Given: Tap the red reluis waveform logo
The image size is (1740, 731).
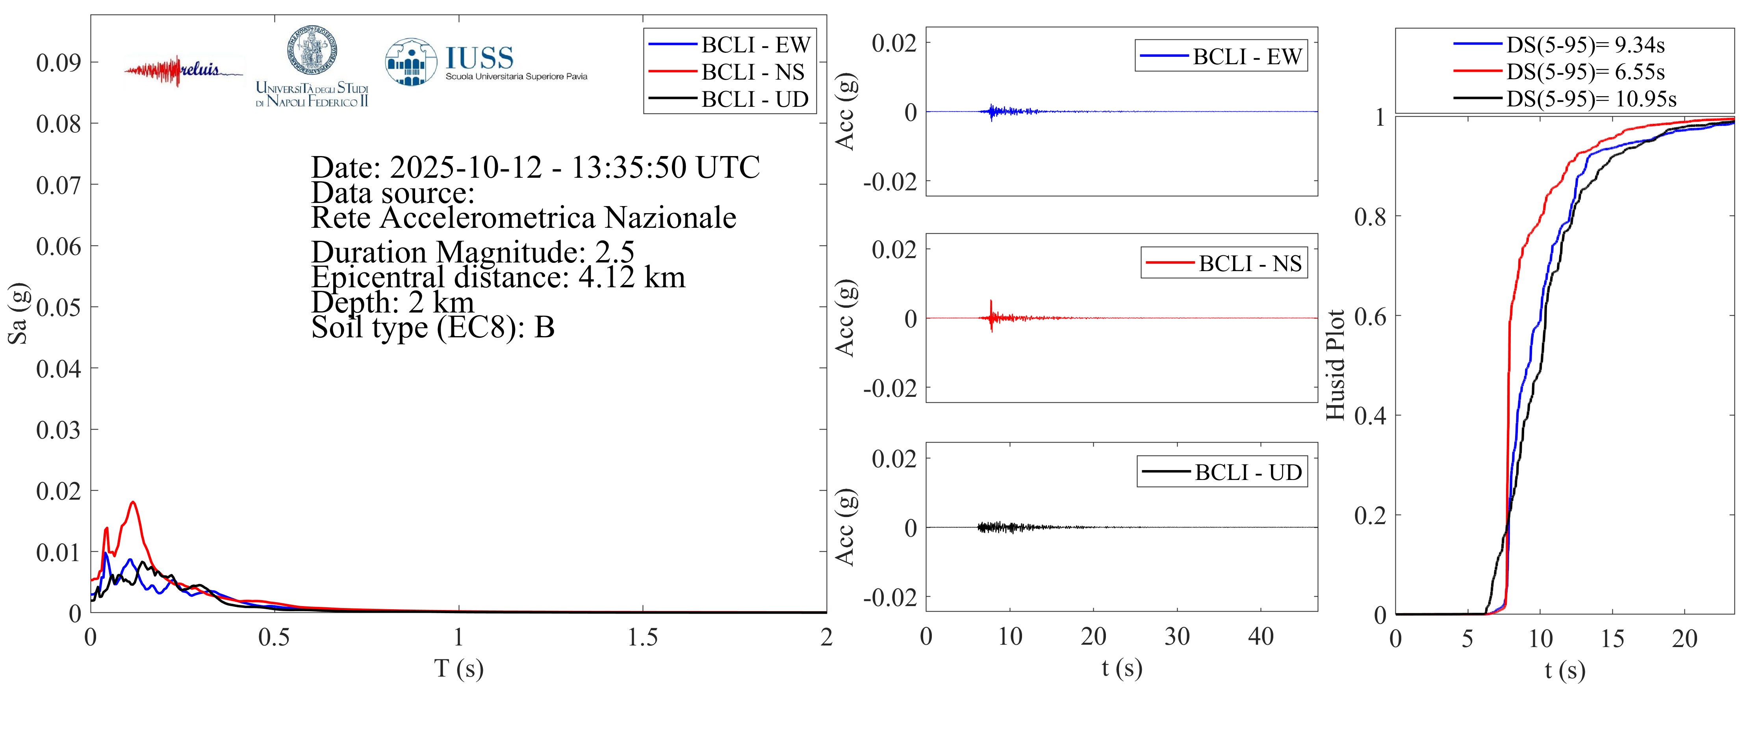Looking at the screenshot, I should [162, 70].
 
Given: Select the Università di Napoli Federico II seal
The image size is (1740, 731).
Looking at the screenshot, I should [312, 49].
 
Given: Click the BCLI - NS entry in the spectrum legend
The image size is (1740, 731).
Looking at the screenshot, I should [753, 72].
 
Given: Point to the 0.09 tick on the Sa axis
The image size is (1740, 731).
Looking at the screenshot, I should [58, 63].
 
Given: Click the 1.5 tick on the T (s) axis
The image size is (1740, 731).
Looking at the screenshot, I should [642, 637].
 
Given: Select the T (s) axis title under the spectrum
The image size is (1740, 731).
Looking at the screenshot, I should [459, 668].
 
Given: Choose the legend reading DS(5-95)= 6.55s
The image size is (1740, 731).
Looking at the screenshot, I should [1585, 72].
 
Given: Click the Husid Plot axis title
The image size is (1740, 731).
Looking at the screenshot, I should [1336, 365].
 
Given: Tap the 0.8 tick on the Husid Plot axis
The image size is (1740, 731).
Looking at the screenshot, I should [1370, 217].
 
